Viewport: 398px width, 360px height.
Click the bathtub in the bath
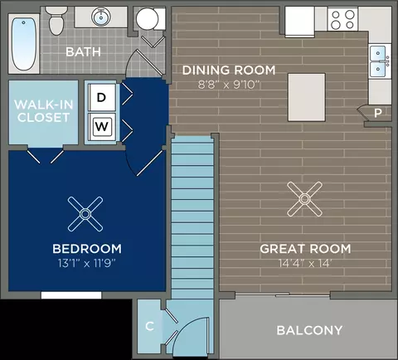click(x=24, y=44)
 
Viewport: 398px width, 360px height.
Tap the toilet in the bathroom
click(x=56, y=21)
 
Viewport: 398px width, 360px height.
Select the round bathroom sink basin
click(x=101, y=17)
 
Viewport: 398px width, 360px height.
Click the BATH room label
click(x=83, y=52)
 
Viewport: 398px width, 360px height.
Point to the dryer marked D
click(x=101, y=97)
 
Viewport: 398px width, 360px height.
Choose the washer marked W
click(x=102, y=127)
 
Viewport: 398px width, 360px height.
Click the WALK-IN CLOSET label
click(x=44, y=111)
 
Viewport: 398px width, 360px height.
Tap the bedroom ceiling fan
click(x=85, y=214)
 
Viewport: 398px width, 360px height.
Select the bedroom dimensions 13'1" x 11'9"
click(x=86, y=263)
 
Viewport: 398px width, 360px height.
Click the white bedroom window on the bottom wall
click(x=71, y=295)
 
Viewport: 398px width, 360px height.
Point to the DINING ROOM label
click(x=229, y=71)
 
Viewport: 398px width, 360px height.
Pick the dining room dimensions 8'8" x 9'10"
click(x=229, y=85)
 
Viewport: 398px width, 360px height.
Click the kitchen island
click(x=307, y=97)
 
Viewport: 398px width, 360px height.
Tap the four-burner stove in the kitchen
click(x=342, y=19)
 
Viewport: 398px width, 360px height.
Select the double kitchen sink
click(x=380, y=61)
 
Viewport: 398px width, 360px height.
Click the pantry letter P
click(x=378, y=113)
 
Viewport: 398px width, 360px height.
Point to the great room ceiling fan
click(x=304, y=199)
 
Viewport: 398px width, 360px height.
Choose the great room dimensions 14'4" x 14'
click(x=305, y=263)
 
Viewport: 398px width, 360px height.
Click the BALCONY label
click(x=309, y=330)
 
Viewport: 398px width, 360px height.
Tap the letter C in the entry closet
click(x=149, y=326)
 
